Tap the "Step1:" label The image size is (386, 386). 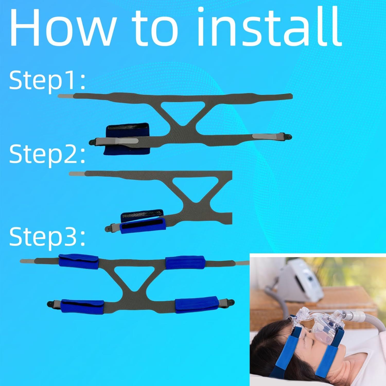pyautogui.click(x=47, y=80)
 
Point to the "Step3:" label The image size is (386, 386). pyautogui.click(x=47, y=236)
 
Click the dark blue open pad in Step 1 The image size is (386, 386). pyautogui.click(x=124, y=139)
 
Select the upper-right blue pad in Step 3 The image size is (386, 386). pyautogui.click(x=185, y=262)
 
